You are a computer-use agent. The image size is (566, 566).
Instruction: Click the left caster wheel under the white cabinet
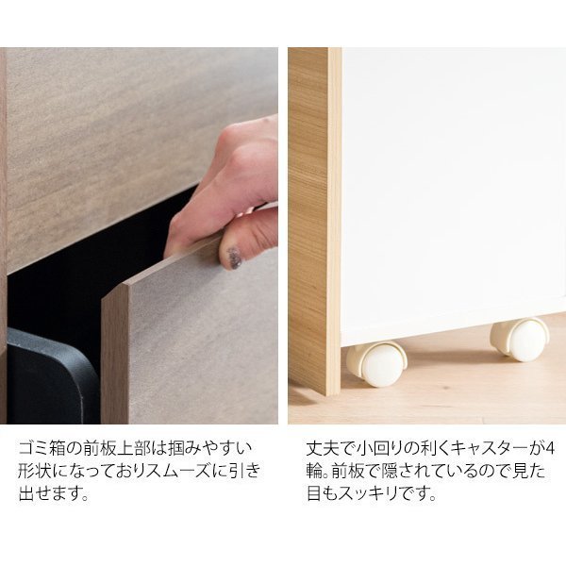[376, 363]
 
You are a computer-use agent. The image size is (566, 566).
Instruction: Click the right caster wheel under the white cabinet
[520, 340]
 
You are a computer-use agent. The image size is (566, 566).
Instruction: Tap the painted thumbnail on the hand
[234, 258]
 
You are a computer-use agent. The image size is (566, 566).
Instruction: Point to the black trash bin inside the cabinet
[52, 376]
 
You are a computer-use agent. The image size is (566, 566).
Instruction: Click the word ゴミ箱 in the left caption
[42, 449]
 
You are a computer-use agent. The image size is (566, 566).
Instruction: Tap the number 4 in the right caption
[549, 449]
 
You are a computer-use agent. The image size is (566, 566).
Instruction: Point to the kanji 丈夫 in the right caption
[323, 449]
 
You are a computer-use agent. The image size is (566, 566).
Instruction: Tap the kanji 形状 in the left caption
[35, 471]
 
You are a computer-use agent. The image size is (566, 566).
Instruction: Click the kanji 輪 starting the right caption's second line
[314, 471]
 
